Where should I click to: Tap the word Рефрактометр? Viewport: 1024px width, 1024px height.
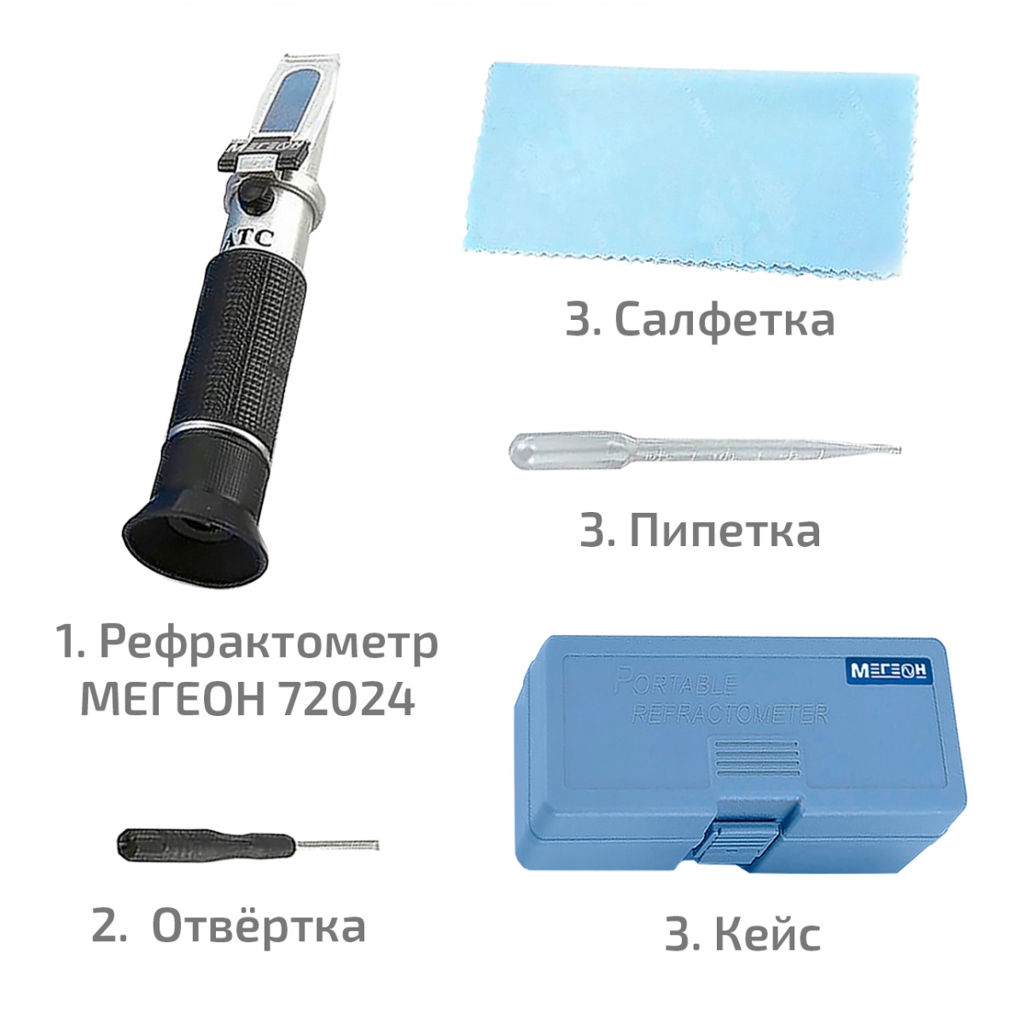pos(269,644)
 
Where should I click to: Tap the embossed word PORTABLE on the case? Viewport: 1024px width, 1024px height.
pos(676,684)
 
